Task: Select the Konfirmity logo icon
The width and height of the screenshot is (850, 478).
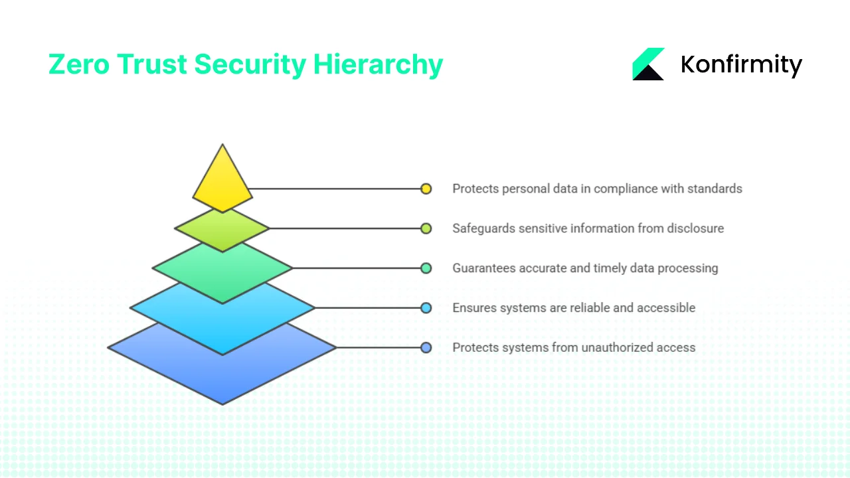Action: point(648,64)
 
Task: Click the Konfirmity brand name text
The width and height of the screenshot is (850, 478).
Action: point(741,64)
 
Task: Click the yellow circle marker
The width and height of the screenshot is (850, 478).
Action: point(426,189)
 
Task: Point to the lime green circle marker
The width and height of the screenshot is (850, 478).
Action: point(426,228)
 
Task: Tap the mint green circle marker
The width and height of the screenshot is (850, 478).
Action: point(426,268)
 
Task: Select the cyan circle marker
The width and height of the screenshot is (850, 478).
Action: point(426,308)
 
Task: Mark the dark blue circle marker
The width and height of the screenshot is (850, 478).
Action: point(426,347)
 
